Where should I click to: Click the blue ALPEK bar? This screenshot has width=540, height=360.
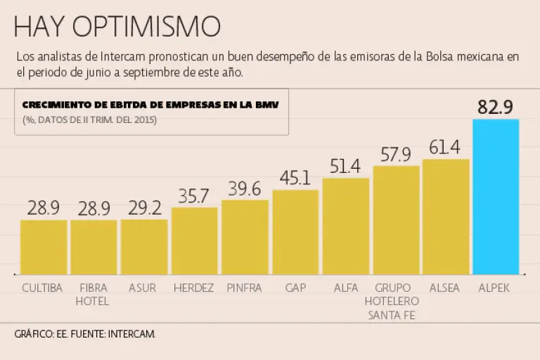point(496,197)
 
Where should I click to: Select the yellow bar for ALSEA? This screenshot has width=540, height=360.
point(445,217)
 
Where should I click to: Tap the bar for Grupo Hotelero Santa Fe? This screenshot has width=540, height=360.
point(395,220)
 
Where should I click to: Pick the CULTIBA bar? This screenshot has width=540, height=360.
point(43,247)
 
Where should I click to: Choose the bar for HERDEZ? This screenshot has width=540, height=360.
point(194,240)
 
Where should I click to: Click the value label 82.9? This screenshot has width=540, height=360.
point(496,107)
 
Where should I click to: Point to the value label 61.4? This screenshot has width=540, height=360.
point(445,147)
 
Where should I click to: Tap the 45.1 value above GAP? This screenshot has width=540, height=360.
point(295,178)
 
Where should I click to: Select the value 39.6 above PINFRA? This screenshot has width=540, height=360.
point(245,188)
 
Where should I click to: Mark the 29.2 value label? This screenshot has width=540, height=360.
point(144,207)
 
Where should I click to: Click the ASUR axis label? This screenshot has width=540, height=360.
point(143,288)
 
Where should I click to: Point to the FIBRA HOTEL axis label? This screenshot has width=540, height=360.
point(93,295)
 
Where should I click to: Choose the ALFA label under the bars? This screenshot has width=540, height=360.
point(345,288)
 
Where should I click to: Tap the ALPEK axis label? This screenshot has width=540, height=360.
point(494,288)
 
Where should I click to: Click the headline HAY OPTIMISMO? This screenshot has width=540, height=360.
point(117,27)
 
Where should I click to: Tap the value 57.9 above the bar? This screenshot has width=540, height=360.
point(395,154)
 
